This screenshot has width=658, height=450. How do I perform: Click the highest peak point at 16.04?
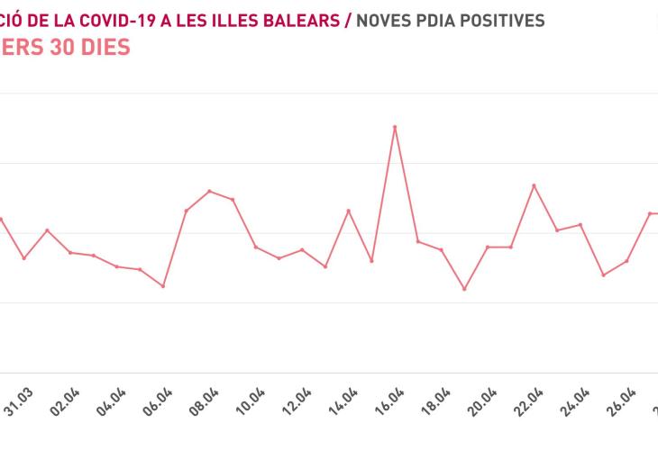395,127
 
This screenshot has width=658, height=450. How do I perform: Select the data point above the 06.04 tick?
163,286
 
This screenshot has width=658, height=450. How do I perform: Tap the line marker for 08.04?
209,191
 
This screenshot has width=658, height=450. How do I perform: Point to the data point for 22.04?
534,185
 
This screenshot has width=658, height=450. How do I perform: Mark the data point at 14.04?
349,211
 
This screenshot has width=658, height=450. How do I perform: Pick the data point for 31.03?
24,258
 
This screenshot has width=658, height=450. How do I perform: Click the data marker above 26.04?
626,261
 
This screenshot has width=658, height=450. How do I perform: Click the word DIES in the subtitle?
101,47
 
